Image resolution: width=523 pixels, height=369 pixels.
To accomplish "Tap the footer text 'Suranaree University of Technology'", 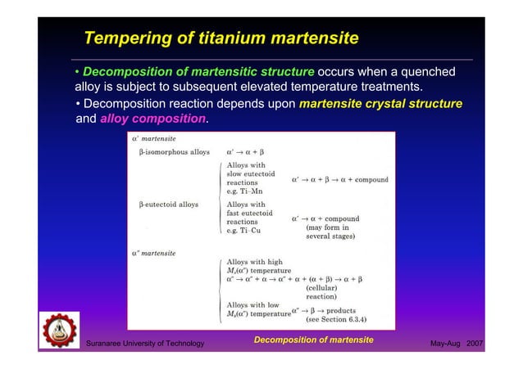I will pos(145,343).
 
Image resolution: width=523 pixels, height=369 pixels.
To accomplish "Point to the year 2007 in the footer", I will pos(475,343).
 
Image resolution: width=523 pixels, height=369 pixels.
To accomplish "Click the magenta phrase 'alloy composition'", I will pos(152,119).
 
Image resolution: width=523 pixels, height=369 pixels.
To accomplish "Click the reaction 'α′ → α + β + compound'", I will pos(339,179).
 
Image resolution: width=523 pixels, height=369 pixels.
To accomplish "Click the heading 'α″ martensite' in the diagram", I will pos(153,254).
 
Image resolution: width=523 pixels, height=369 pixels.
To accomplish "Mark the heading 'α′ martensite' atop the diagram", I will pos(152,139).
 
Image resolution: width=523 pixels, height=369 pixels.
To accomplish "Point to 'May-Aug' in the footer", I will pos(445,343).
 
